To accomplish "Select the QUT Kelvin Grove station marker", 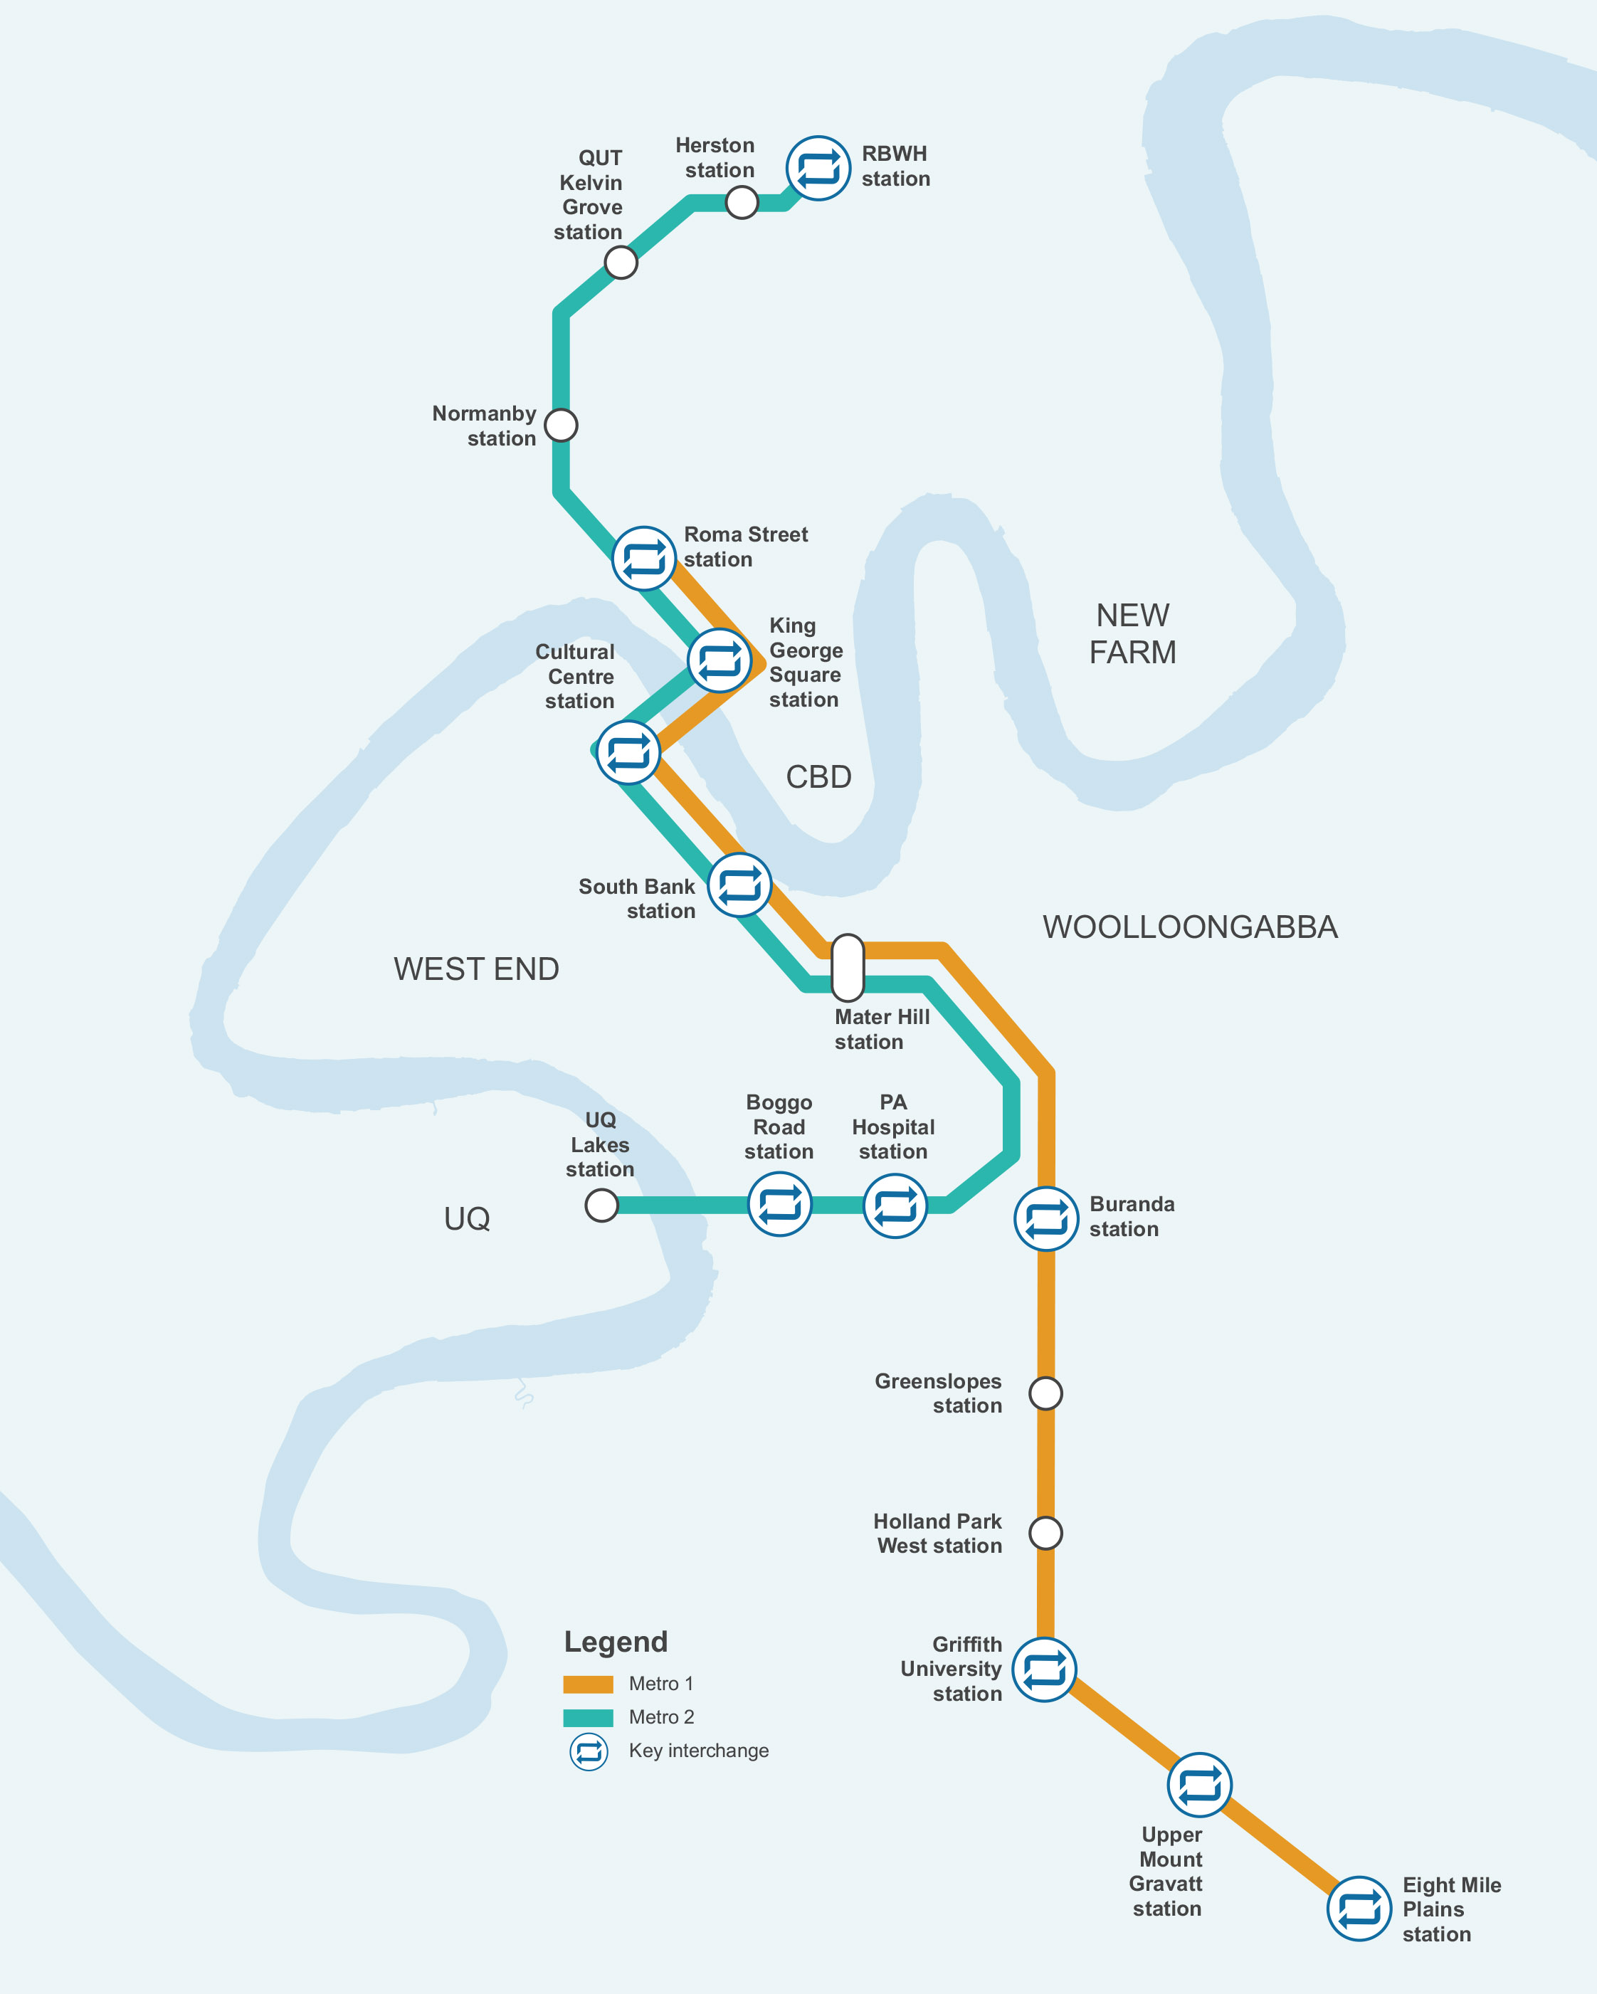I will [x=621, y=263].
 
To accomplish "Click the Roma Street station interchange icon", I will [x=643, y=559].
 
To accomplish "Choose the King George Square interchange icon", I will [x=720, y=660].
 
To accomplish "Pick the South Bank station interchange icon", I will [x=739, y=885].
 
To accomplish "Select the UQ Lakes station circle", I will [x=601, y=1205].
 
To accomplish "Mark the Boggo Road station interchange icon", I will [x=779, y=1204].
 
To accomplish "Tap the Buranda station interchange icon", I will [x=1046, y=1219].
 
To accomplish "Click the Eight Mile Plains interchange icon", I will [x=1359, y=1908].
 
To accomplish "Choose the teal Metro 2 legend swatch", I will [x=588, y=1717].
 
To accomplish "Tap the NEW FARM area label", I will [x=1133, y=633].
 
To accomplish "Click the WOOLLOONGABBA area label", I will [x=1190, y=927].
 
